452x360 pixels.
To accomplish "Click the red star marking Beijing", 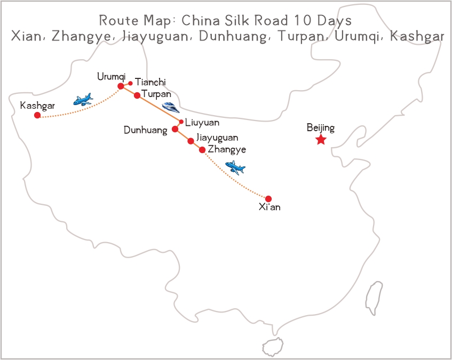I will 321,140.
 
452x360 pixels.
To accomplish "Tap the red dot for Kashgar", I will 37,115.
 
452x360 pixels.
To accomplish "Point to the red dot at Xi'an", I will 268,199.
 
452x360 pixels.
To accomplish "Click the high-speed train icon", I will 171,107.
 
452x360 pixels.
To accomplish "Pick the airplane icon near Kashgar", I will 83,100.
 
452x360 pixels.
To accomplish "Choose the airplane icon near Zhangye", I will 235,168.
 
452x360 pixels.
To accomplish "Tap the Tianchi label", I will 150,82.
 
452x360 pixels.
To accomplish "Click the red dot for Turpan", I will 137,95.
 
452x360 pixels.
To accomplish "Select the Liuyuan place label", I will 202,123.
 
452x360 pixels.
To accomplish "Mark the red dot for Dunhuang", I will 175,129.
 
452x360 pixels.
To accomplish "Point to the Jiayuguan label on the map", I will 217,138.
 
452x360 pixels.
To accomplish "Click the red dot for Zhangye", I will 202,150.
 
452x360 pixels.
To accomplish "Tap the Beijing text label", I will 321,127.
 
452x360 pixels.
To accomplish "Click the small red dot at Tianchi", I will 130,83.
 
